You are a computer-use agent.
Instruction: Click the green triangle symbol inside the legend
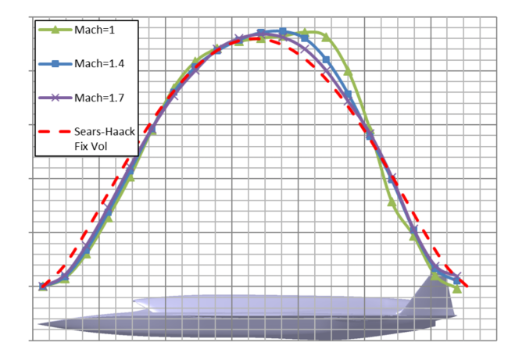[x=55, y=30]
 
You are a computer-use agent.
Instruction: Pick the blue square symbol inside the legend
[x=55, y=64]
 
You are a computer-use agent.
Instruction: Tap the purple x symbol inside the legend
[x=55, y=98]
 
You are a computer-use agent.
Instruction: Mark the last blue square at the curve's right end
[x=457, y=279]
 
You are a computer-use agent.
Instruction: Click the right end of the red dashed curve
[x=467, y=287]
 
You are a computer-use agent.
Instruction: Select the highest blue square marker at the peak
[x=283, y=32]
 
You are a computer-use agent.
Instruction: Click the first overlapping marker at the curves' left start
[x=43, y=287]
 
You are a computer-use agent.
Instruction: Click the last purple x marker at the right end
[x=457, y=276]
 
